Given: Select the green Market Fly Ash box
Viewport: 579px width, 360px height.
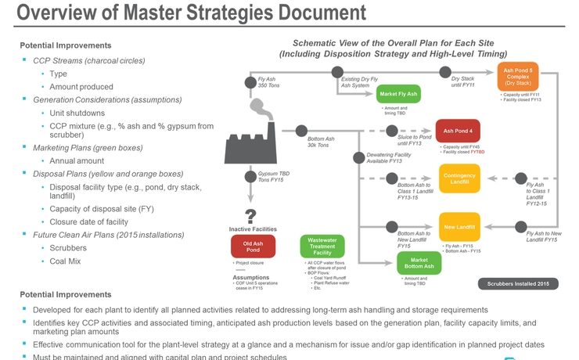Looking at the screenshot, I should click(398, 95).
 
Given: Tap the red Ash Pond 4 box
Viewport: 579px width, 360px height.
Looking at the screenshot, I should click(458, 131).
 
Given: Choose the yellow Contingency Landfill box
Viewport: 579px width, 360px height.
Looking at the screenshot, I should click(459, 178).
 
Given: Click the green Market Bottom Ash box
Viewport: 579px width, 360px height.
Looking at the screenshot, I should click(419, 262).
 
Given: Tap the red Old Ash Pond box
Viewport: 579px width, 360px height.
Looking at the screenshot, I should click(252, 247).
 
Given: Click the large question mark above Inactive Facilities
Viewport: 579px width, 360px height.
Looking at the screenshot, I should click(250, 217).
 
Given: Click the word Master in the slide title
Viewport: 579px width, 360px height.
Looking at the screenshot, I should click(156, 13).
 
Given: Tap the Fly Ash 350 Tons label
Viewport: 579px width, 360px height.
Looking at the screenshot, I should click(268, 82).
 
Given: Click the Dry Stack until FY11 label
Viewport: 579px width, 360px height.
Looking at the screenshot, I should click(462, 82).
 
